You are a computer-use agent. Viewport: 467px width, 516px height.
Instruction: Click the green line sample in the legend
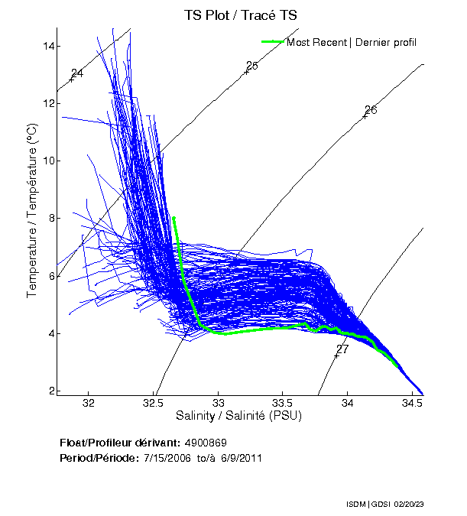pyautogui.click(x=273, y=41)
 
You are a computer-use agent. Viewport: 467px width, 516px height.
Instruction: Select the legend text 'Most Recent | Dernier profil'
pyautogui.click(x=352, y=42)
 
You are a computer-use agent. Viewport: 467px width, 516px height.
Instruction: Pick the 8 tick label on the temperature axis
pyautogui.click(x=51, y=218)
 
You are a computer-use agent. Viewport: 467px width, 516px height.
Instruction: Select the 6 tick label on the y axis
pyautogui.click(x=51, y=275)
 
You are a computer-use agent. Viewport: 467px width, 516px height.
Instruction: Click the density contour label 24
pyautogui.click(x=77, y=73)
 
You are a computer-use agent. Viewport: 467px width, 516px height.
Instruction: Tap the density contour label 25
pyautogui.click(x=252, y=66)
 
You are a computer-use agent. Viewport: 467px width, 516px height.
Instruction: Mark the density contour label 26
pyautogui.click(x=371, y=110)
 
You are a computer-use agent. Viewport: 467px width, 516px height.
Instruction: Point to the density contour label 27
pyautogui.click(x=342, y=349)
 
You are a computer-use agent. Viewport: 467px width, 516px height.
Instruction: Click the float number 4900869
pyautogui.click(x=205, y=443)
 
